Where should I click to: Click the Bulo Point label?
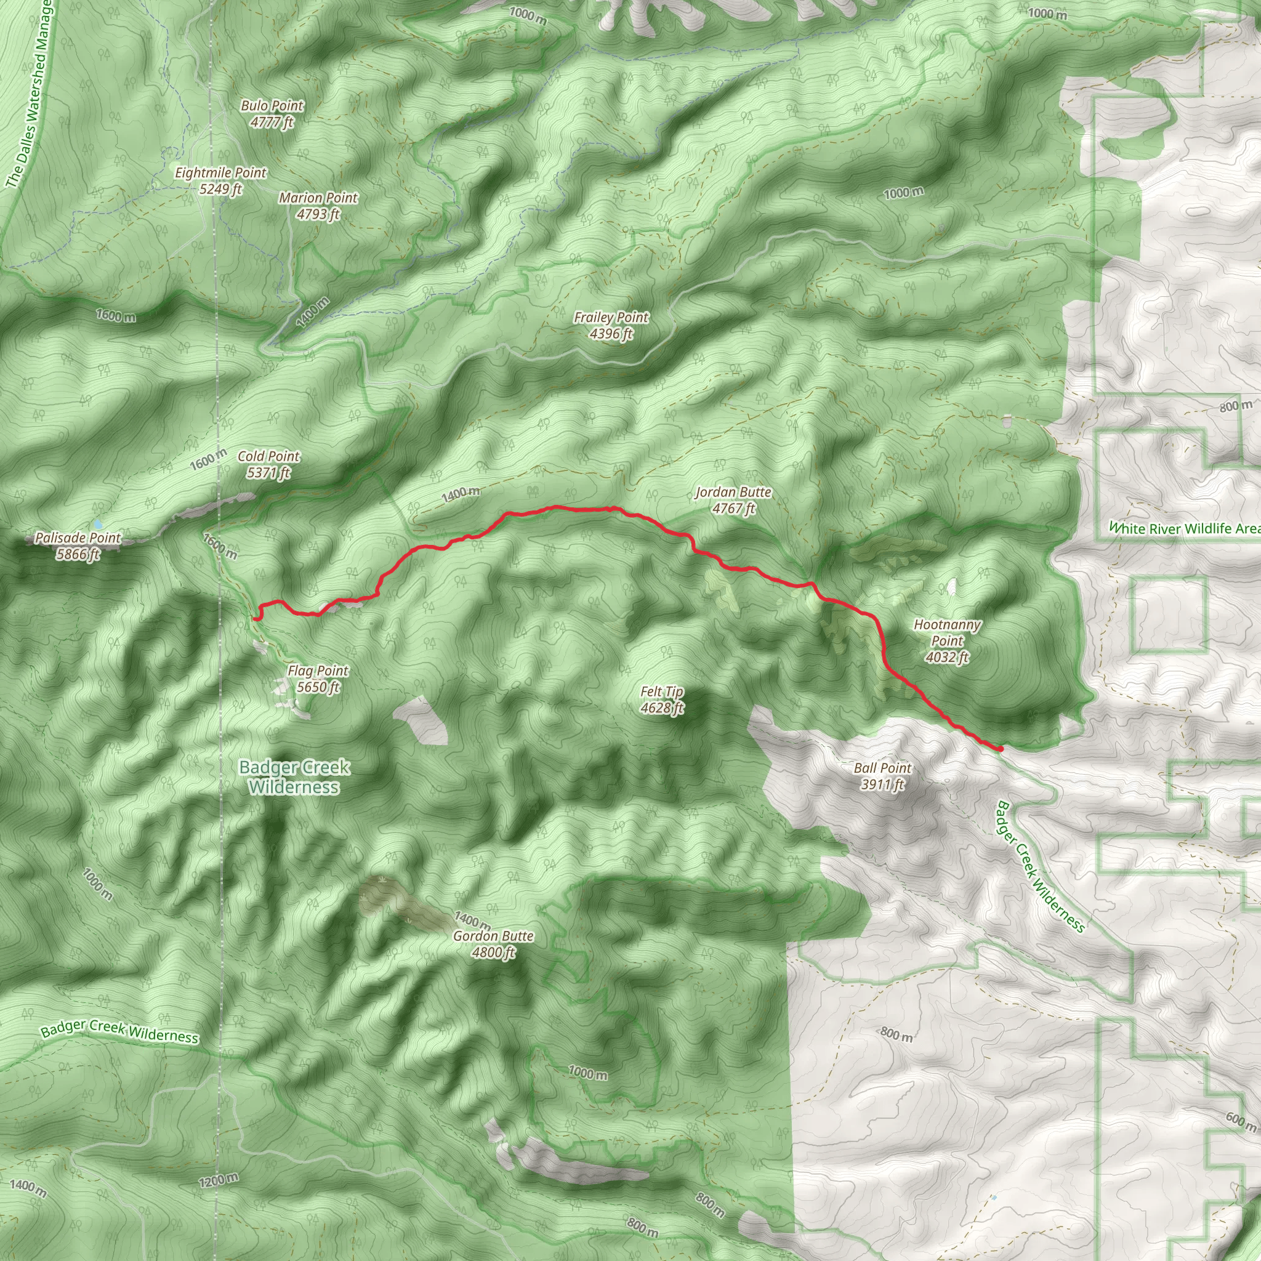[272, 106]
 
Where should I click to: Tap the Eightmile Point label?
[220, 173]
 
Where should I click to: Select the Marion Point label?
[318, 198]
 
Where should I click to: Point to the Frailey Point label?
[611, 318]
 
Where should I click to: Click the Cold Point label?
[268, 456]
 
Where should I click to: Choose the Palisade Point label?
[78, 538]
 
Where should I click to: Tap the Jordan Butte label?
[733, 492]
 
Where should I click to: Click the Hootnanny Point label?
[947, 632]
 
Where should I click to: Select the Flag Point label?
[318, 671]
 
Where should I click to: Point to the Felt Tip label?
[662, 691]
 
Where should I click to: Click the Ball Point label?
[882, 768]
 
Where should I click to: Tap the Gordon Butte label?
[493, 936]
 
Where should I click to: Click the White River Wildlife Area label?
[1185, 528]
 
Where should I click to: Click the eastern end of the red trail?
[1000, 749]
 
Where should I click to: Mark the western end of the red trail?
[259, 617]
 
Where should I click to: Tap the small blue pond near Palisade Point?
[98, 524]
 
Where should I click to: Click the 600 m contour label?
[1240, 1120]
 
